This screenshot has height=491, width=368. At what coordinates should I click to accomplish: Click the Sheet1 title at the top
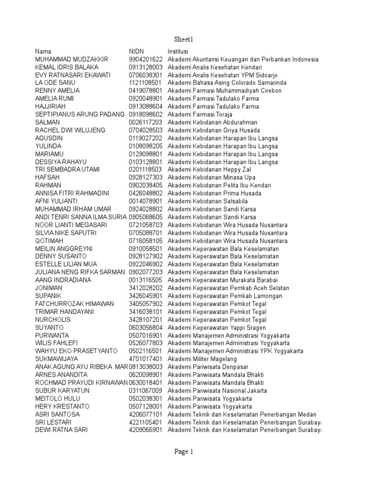tap(184, 39)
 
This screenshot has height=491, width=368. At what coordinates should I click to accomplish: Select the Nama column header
tap(43, 51)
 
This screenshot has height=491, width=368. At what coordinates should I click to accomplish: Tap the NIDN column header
tap(136, 51)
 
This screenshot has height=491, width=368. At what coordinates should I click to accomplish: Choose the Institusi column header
tap(178, 51)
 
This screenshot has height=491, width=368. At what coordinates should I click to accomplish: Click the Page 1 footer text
tap(184, 451)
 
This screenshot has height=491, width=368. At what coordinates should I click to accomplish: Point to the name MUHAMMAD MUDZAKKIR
tap(72, 59)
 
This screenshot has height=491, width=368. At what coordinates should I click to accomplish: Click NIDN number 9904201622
tap(146, 59)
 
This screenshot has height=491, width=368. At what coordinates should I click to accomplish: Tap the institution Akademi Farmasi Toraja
tap(200, 114)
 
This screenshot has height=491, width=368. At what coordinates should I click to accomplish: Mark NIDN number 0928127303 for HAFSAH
tap(146, 177)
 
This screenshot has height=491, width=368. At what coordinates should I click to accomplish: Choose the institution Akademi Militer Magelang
tap(202, 359)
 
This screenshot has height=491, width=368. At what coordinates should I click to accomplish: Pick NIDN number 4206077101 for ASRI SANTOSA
tap(146, 414)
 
